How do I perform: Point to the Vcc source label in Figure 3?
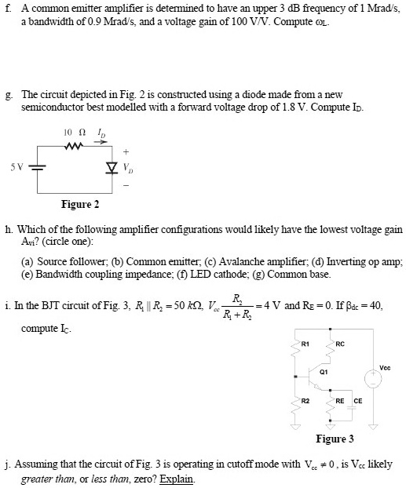point(384,366)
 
